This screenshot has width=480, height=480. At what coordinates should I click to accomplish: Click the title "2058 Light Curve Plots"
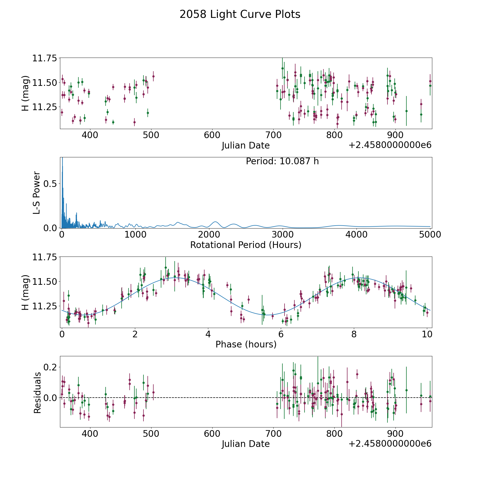(240, 14)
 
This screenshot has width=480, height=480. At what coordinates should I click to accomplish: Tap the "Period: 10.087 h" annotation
(282, 161)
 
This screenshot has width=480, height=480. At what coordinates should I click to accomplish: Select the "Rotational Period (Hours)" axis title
(246, 245)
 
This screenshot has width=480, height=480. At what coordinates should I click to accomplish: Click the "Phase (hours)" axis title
(246, 344)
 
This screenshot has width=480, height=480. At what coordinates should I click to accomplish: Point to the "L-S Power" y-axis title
(37, 193)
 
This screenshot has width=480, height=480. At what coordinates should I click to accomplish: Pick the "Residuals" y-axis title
(37, 393)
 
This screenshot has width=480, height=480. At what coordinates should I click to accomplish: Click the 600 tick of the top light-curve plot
(212, 135)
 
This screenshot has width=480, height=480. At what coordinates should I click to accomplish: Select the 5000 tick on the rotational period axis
(430, 234)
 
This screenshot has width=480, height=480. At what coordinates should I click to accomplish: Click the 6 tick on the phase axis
(281, 334)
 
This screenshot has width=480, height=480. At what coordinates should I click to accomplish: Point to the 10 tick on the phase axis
(427, 334)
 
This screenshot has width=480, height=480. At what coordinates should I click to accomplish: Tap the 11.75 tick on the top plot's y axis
(45, 58)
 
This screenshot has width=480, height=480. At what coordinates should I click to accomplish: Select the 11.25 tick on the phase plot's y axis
(45, 306)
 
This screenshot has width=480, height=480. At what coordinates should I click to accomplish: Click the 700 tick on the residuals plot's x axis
(273, 434)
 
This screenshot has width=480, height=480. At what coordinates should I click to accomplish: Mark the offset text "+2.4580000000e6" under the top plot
(390, 145)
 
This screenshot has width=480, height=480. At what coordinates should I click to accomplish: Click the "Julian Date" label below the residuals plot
(246, 444)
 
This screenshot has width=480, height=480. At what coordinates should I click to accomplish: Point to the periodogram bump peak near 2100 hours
(215, 222)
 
